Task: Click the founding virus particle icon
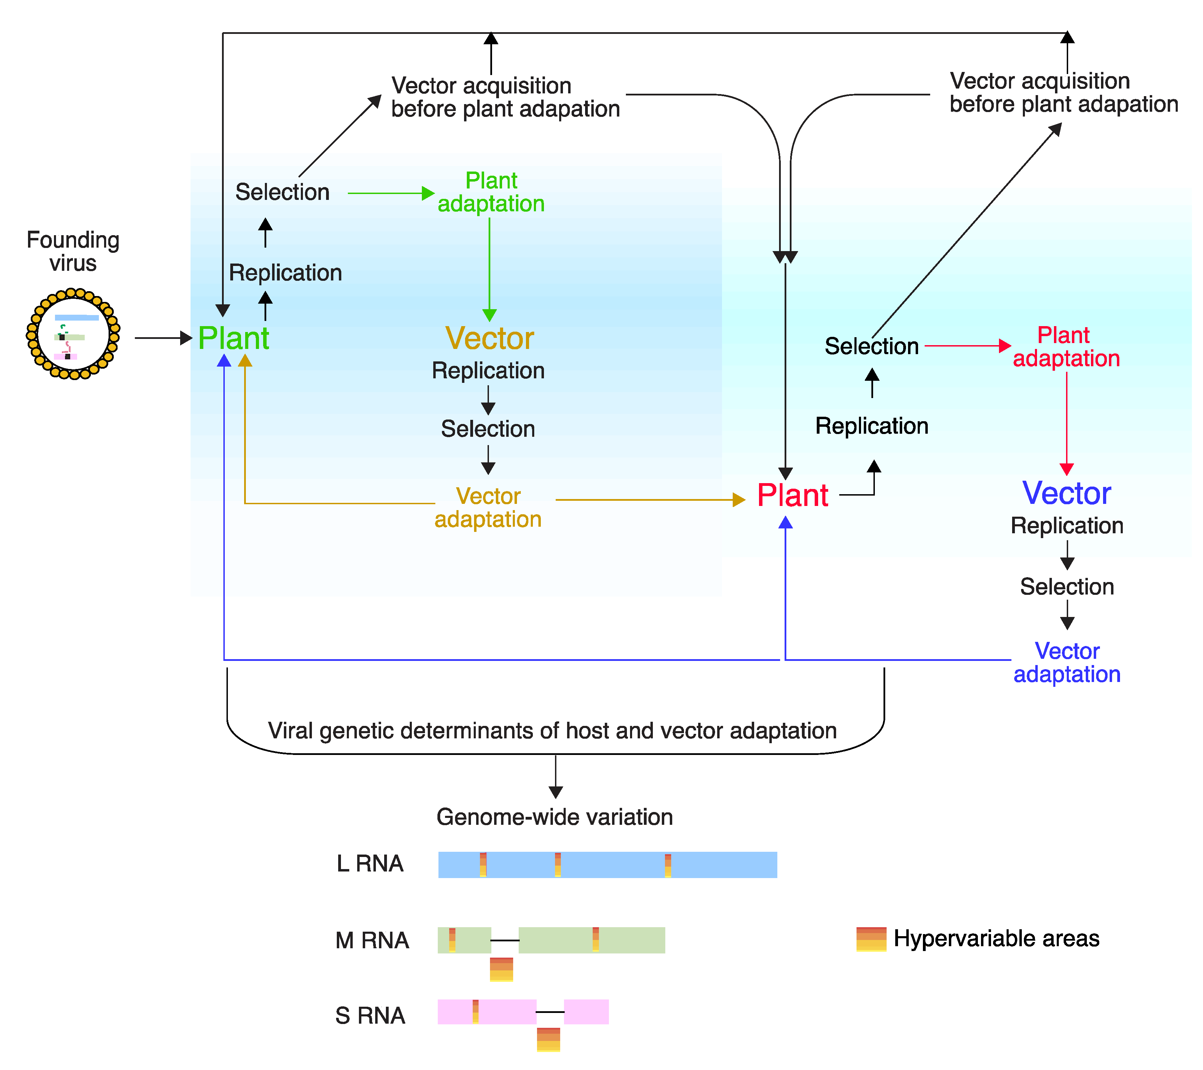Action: [x=73, y=334]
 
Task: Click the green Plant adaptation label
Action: [x=491, y=192]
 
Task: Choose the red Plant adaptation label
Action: [x=1065, y=347]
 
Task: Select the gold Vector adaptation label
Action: [x=488, y=507]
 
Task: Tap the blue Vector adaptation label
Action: [x=1066, y=662]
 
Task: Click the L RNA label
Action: [x=370, y=864]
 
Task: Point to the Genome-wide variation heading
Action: [x=554, y=817]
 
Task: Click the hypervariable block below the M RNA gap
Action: [x=501, y=969]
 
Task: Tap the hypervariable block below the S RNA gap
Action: [x=548, y=1040]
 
